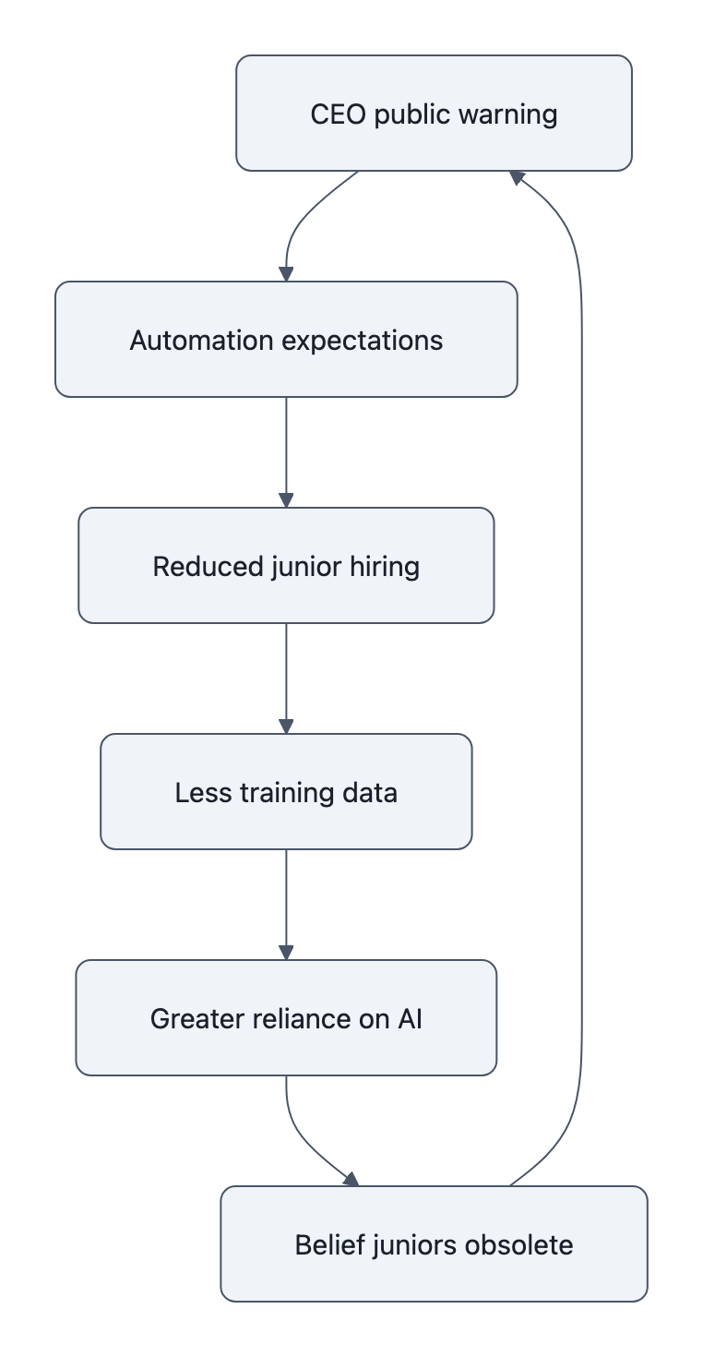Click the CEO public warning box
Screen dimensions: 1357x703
[x=434, y=114]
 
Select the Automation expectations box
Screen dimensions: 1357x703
[x=286, y=340]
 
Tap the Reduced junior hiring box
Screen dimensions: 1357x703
[x=286, y=566]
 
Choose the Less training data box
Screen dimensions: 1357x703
[x=286, y=792]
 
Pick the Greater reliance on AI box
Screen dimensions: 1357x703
[x=286, y=1018]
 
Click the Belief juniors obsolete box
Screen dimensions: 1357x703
[x=434, y=1244]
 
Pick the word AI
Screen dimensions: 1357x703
[x=410, y=1019]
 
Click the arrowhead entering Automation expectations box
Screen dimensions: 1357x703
[x=286, y=274]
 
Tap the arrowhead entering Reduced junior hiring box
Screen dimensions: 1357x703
[x=286, y=500]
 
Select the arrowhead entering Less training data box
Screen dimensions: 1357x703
[x=286, y=727]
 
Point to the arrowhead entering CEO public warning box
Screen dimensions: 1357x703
[x=517, y=176]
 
